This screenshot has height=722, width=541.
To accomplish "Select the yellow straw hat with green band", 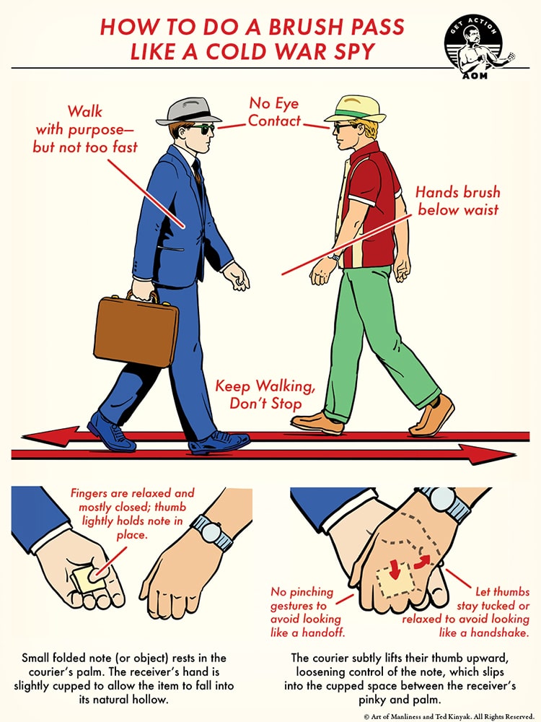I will [356, 108].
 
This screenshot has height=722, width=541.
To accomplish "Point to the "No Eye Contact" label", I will [275, 112].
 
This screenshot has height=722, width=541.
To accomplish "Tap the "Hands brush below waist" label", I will [457, 201].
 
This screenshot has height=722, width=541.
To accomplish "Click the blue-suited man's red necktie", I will [198, 173].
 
